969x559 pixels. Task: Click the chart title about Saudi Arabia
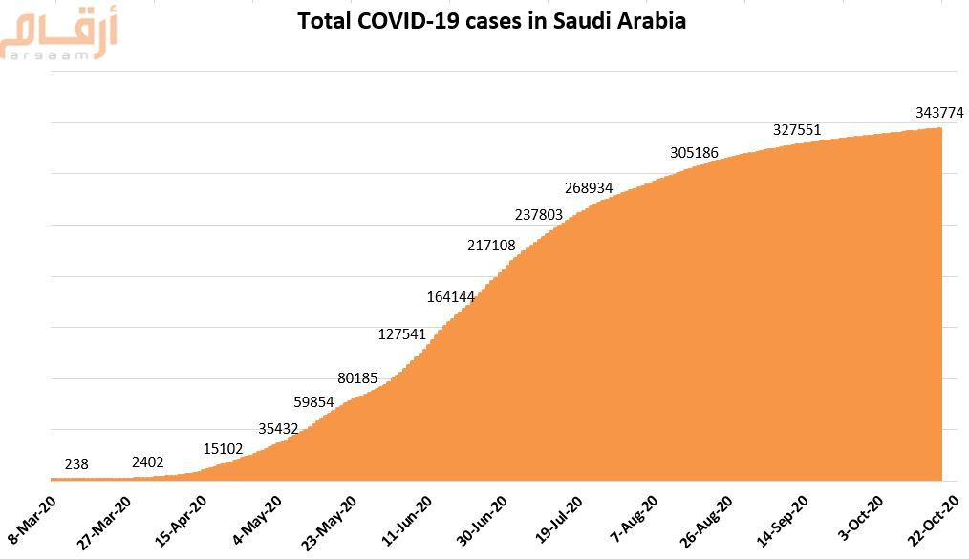tap(491, 20)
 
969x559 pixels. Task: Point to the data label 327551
tap(797, 130)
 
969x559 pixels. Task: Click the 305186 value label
tap(695, 153)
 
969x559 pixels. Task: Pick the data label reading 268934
tap(589, 188)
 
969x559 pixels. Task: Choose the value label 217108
tap(491, 246)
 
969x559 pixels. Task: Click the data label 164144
tap(451, 297)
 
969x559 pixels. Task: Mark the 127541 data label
tap(402, 334)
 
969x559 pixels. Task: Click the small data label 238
tap(76, 464)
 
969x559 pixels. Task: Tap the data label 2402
tap(148, 462)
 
